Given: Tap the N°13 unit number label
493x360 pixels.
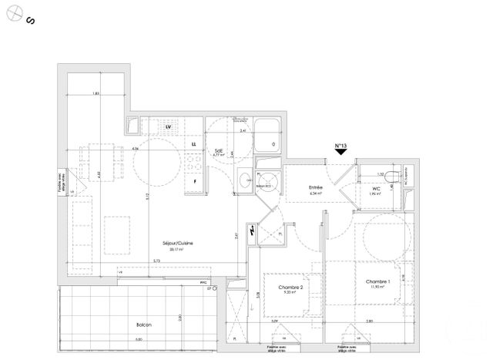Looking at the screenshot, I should coord(340,146).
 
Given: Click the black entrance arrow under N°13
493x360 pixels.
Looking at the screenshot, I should coord(341,153).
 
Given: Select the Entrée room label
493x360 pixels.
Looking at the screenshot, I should coord(317,188).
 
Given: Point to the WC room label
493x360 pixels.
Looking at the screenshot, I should coord(376,187).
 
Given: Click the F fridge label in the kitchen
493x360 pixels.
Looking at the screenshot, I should coord(195,181).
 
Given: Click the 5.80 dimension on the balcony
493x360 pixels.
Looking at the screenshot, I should coord(139,339).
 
